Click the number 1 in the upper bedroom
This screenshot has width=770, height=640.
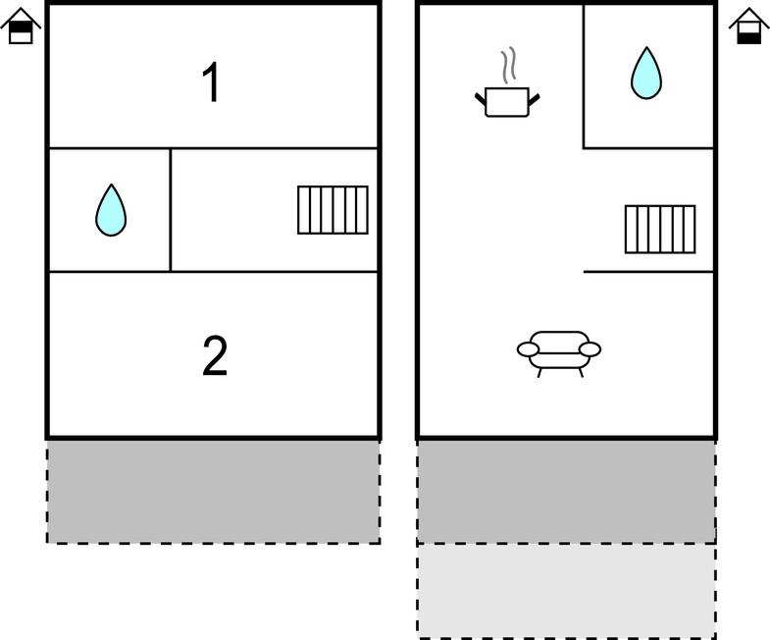pyautogui.click(x=211, y=82)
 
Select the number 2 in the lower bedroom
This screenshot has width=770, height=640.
pyautogui.click(x=215, y=356)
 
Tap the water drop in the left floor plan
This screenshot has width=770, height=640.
pyautogui.click(x=111, y=210)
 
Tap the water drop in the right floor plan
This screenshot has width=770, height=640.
pyautogui.click(x=646, y=74)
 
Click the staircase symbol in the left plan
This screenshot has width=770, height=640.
pyautogui.click(x=333, y=210)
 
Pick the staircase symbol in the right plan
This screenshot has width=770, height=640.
pyautogui.click(x=660, y=229)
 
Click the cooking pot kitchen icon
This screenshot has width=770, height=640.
pyautogui.click(x=507, y=101)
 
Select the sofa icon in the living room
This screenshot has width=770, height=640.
pyautogui.click(x=559, y=354)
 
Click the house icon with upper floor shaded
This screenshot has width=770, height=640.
pyautogui.click(x=21, y=27)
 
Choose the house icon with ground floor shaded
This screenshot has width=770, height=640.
pyautogui.click(x=748, y=27)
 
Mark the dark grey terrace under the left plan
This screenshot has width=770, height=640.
pyautogui.click(x=214, y=492)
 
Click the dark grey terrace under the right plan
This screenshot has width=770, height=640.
pyautogui.click(x=566, y=492)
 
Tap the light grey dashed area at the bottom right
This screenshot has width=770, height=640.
pyautogui.click(x=566, y=591)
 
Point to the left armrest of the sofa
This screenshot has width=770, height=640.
pyautogui.click(x=528, y=349)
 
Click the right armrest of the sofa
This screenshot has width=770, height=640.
pyautogui.click(x=590, y=349)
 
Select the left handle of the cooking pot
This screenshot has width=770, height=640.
pyautogui.click(x=481, y=98)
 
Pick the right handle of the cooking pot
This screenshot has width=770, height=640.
pyautogui.click(x=535, y=98)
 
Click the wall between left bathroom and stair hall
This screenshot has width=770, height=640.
pyautogui.click(x=171, y=210)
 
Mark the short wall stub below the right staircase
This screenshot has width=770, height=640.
pyautogui.click(x=648, y=271)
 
